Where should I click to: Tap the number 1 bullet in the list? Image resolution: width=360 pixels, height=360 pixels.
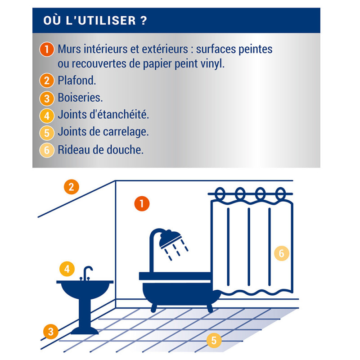(x=47, y=49)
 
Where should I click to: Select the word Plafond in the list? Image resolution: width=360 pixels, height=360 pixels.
(x=76, y=81)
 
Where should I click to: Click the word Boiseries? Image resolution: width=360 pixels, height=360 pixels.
(x=80, y=97)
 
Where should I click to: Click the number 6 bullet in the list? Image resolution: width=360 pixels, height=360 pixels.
(x=47, y=150)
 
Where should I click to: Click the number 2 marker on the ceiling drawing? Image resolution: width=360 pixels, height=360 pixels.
(x=72, y=187)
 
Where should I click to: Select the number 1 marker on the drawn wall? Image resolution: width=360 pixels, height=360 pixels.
(x=142, y=203)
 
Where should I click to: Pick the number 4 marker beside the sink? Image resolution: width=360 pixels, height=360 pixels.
(x=67, y=269)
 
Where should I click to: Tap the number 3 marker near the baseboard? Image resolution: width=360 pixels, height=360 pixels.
(x=51, y=332)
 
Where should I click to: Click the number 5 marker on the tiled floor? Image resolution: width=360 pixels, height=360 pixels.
(x=214, y=340)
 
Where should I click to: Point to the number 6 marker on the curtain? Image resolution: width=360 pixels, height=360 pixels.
(x=282, y=253)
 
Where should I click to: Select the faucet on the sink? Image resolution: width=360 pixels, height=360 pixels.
(x=86, y=273)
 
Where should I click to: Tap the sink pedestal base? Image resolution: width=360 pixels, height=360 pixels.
(x=85, y=331)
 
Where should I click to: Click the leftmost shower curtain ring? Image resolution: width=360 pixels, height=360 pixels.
(x=220, y=193)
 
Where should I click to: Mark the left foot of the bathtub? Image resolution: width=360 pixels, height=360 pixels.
(x=154, y=308)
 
